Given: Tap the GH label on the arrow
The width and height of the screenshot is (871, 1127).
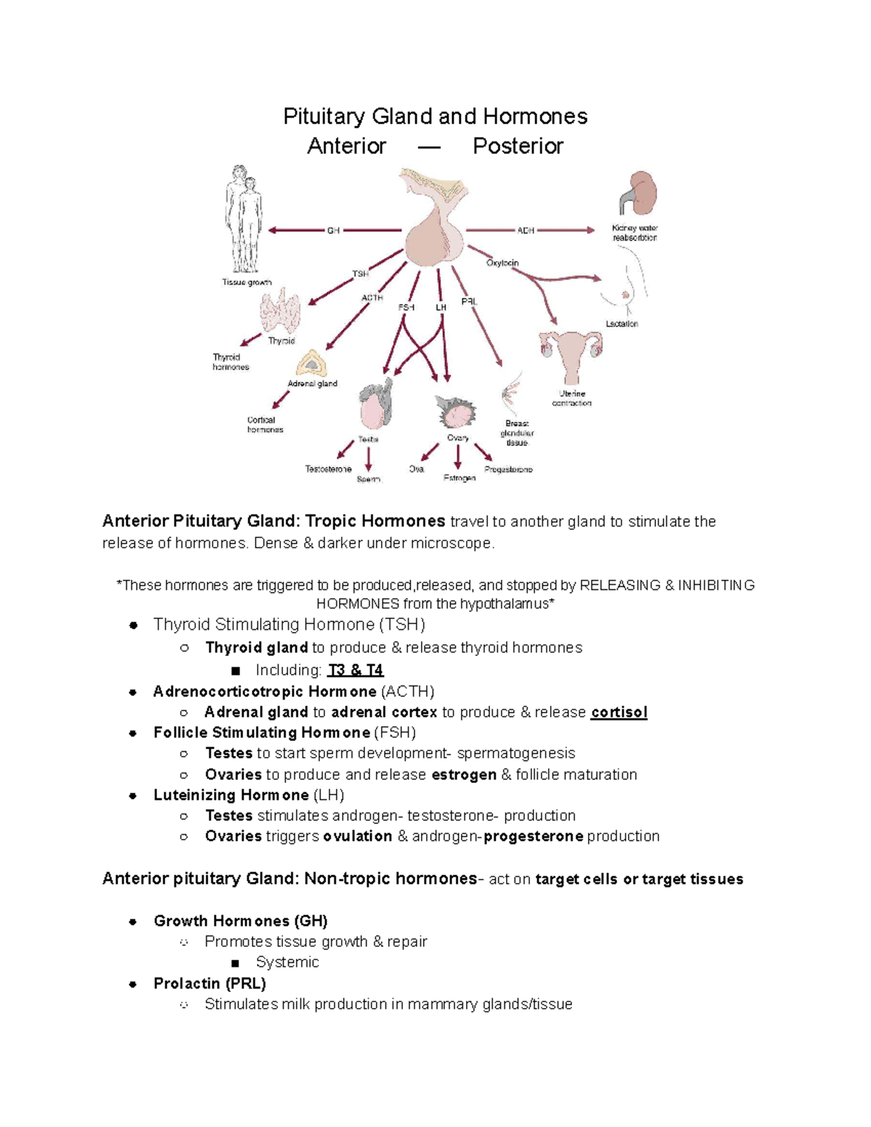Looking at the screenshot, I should click(x=333, y=231).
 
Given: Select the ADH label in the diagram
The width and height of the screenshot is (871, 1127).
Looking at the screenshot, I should click(x=526, y=231).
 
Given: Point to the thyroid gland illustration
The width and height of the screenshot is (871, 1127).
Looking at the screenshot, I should click(x=280, y=311).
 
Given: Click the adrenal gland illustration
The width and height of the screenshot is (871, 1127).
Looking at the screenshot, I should click(x=312, y=364).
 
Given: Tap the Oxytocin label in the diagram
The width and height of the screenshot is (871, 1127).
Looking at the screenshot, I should click(x=502, y=263).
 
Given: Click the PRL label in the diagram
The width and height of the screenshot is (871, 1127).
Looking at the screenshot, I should click(x=470, y=301).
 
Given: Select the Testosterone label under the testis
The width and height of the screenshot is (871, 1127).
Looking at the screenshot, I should click(x=328, y=470).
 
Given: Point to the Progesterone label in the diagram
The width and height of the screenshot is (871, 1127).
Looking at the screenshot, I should click(x=508, y=470).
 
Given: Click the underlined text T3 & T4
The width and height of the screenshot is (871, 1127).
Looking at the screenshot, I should click(x=356, y=670).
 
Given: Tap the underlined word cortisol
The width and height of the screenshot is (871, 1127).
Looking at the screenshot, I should click(x=618, y=713).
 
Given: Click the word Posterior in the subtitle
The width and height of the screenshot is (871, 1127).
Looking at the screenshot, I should click(x=518, y=146).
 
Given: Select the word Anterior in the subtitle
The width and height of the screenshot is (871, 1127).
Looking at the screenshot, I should click(x=346, y=146).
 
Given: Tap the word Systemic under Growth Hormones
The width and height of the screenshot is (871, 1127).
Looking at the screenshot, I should click(x=287, y=962).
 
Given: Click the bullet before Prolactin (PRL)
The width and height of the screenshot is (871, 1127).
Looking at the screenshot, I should click(x=133, y=984).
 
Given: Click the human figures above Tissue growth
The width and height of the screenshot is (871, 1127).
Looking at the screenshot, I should click(x=242, y=218).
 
